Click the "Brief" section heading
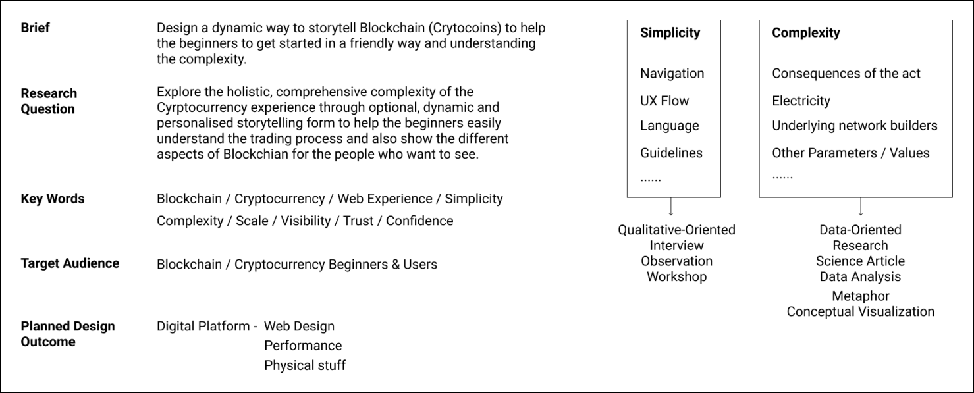(35, 28)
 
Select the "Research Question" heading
(49, 101)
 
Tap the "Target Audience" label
(70, 263)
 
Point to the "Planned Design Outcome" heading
(67, 334)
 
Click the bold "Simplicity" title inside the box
(670, 33)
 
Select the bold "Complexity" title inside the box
(805, 33)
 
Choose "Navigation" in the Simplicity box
(672, 74)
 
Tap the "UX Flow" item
(664, 101)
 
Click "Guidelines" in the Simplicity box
(671, 153)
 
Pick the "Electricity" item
(801, 101)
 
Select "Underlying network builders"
(854, 126)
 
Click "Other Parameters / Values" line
(850, 153)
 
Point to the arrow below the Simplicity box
(670, 207)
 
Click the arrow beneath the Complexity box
(860, 207)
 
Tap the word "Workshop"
(676, 276)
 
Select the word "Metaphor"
(860, 296)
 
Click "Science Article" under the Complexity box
(860, 261)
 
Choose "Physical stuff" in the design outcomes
(304, 365)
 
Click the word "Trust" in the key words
(358, 221)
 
